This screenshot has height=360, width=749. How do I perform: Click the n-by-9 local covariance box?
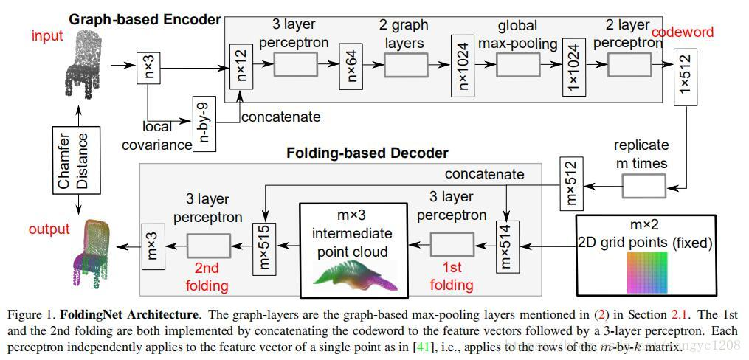pos(204,123)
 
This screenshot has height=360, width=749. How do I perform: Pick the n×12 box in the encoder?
pos(238,66)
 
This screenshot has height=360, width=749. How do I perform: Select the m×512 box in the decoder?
pos(571,182)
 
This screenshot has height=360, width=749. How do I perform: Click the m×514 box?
pos(506,243)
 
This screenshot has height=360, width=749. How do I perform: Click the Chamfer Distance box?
pos(74,161)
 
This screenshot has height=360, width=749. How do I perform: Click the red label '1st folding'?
pos(451,277)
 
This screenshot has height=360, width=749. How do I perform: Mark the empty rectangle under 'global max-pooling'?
pos(517,66)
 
